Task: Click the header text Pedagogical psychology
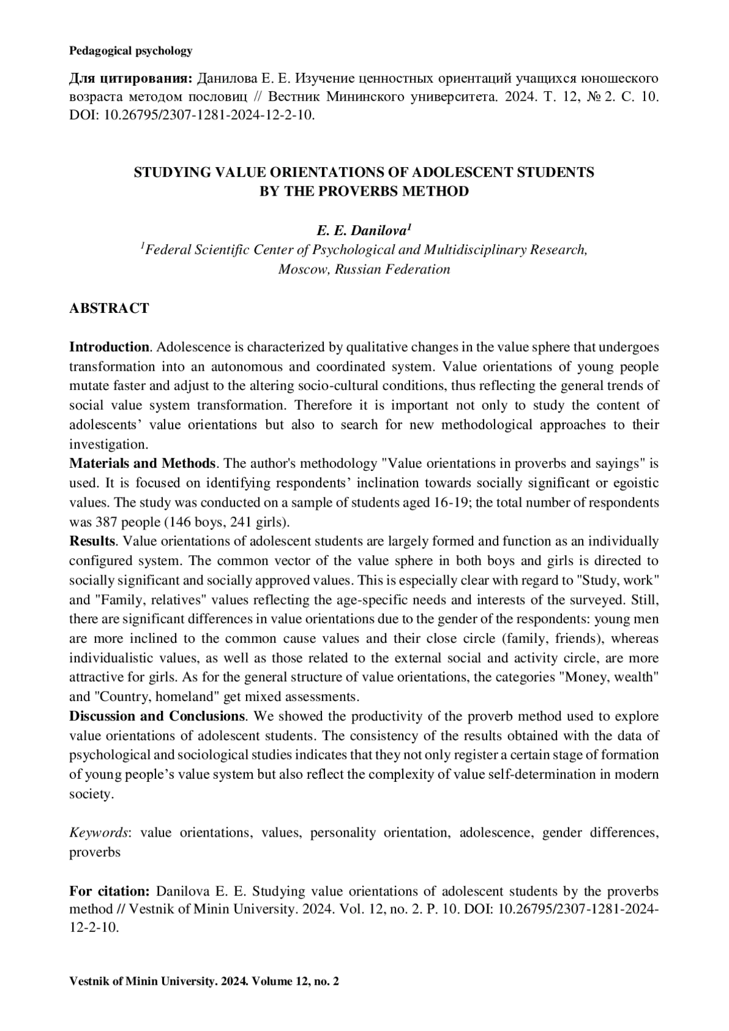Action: [x=131, y=51]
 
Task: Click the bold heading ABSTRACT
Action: [x=109, y=308]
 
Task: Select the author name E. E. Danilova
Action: [x=363, y=231]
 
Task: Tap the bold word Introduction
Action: [x=109, y=348]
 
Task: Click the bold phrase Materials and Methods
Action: [x=142, y=464]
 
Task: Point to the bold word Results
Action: [x=92, y=541]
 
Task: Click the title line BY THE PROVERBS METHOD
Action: [x=364, y=191]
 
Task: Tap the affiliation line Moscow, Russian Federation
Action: [x=364, y=269]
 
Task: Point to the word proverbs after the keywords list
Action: [x=95, y=852]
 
